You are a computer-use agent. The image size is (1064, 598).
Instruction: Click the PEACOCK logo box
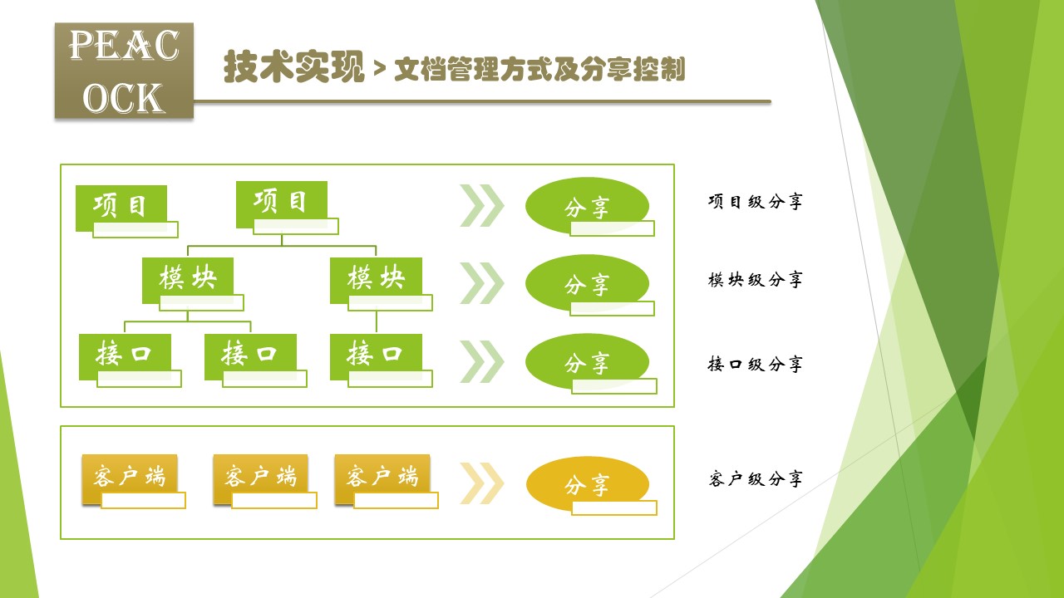coord(124,71)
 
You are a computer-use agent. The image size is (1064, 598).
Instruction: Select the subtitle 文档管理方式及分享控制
coord(539,70)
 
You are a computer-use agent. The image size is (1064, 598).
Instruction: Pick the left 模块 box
coord(188,280)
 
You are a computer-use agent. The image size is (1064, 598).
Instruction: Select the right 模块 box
coord(376,280)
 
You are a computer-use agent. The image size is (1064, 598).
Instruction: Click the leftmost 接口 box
coord(125,356)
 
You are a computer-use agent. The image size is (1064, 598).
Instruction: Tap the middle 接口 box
coord(250,356)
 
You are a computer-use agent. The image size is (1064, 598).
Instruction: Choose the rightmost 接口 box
coord(376,356)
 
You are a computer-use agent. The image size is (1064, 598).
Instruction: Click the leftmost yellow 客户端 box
coord(129,478)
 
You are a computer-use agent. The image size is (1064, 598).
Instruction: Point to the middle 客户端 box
coord(260,478)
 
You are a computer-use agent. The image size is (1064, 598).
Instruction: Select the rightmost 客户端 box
coord(382,478)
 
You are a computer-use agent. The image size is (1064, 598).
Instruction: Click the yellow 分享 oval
coord(587,484)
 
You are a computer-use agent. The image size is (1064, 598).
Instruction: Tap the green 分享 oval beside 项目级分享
coord(587,207)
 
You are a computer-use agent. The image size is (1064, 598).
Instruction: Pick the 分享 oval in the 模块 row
coord(587,284)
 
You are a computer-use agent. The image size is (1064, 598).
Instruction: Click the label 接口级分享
coord(756,364)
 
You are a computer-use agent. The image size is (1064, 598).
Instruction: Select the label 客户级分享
coord(756,478)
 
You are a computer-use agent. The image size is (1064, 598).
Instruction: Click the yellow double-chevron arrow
coord(482,483)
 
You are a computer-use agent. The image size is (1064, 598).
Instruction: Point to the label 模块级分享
coord(756,279)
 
